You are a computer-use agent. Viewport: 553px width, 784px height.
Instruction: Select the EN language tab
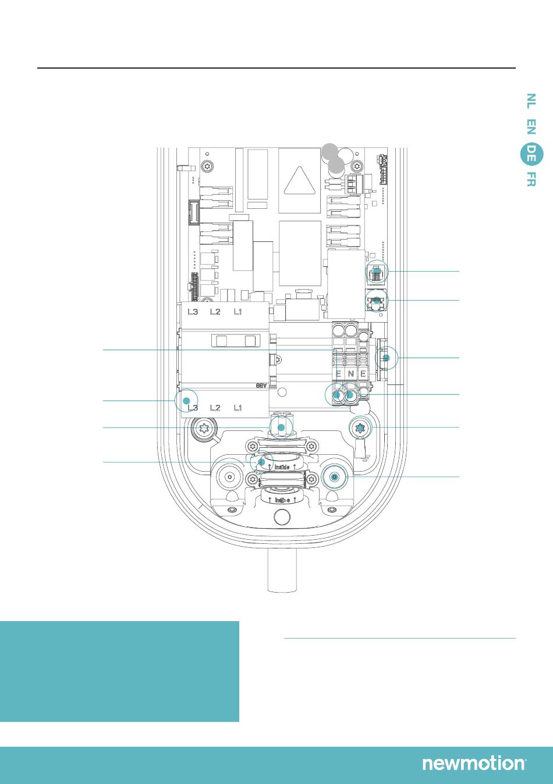click(x=530, y=127)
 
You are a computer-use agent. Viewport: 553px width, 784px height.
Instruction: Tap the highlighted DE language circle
click(x=531, y=154)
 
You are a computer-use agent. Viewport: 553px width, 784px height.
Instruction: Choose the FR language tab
click(x=530, y=179)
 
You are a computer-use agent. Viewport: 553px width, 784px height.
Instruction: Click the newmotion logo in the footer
click(x=474, y=764)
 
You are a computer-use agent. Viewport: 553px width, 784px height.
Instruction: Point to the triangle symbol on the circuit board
click(x=300, y=180)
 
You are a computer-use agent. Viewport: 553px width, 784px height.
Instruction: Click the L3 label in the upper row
click(x=193, y=312)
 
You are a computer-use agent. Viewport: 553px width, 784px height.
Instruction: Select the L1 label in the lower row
click(x=237, y=408)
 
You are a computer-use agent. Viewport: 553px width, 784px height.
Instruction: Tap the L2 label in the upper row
click(x=215, y=312)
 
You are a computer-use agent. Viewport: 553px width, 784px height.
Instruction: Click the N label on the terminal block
click(x=350, y=373)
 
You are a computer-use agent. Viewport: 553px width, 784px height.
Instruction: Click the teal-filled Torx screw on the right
click(x=360, y=428)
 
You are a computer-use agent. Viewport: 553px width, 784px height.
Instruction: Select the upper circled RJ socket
click(x=378, y=272)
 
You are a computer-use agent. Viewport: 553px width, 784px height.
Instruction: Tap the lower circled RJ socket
click(x=377, y=301)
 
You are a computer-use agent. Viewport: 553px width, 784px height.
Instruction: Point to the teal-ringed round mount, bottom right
click(x=334, y=477)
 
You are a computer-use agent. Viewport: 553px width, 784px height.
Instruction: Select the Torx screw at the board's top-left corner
click(x=206, y=168)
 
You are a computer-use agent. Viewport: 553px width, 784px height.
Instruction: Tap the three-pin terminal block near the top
click(x=350, y=184)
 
